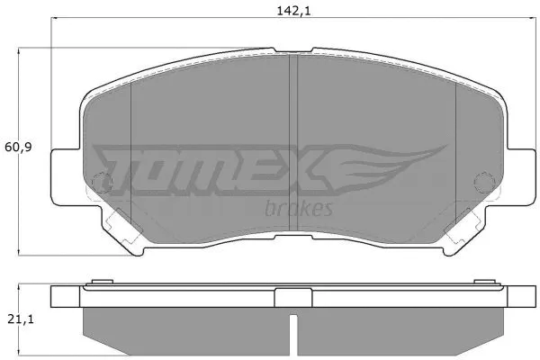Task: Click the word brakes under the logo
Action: (x=301, y=209)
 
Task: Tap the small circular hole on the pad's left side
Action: (x=102, y=183)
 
